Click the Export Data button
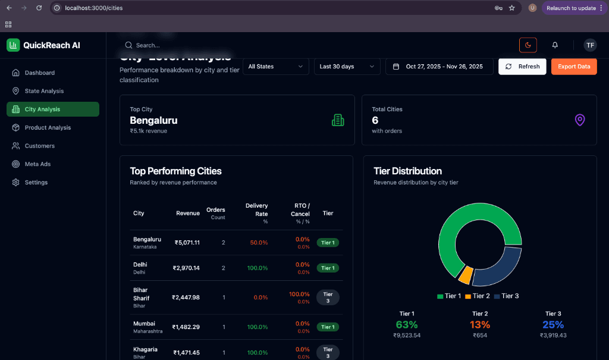574,67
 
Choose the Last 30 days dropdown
347,67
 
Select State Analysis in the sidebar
44,91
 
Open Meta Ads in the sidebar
37,164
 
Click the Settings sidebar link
36,183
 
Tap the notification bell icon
555,45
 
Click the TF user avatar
589,45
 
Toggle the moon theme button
528,45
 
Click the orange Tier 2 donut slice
466,275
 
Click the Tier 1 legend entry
449,296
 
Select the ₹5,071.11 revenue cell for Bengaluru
187,243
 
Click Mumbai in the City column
143,324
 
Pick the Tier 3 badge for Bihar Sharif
328,298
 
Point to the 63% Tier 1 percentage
407,325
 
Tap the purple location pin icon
580,120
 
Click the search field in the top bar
178,45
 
